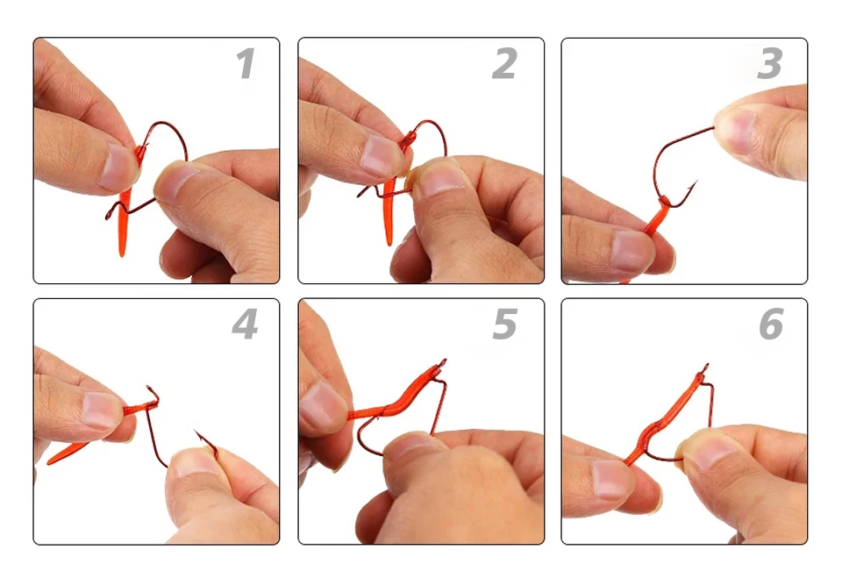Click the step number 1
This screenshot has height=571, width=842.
point(246,64)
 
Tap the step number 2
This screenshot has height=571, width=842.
point(505,64)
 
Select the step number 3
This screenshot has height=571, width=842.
point(769,64)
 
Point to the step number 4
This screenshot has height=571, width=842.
point(245,325)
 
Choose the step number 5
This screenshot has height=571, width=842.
point(505,325)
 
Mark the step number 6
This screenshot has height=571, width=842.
point(771,325)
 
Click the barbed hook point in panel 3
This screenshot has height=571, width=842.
point(693,186)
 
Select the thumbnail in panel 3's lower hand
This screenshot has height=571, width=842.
point(632,250)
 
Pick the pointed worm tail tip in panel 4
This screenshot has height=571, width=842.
point(48,462)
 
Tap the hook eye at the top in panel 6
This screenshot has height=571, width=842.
point(705,368)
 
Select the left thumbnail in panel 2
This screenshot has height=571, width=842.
point(379,156)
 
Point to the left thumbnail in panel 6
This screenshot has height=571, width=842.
point(612,477)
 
